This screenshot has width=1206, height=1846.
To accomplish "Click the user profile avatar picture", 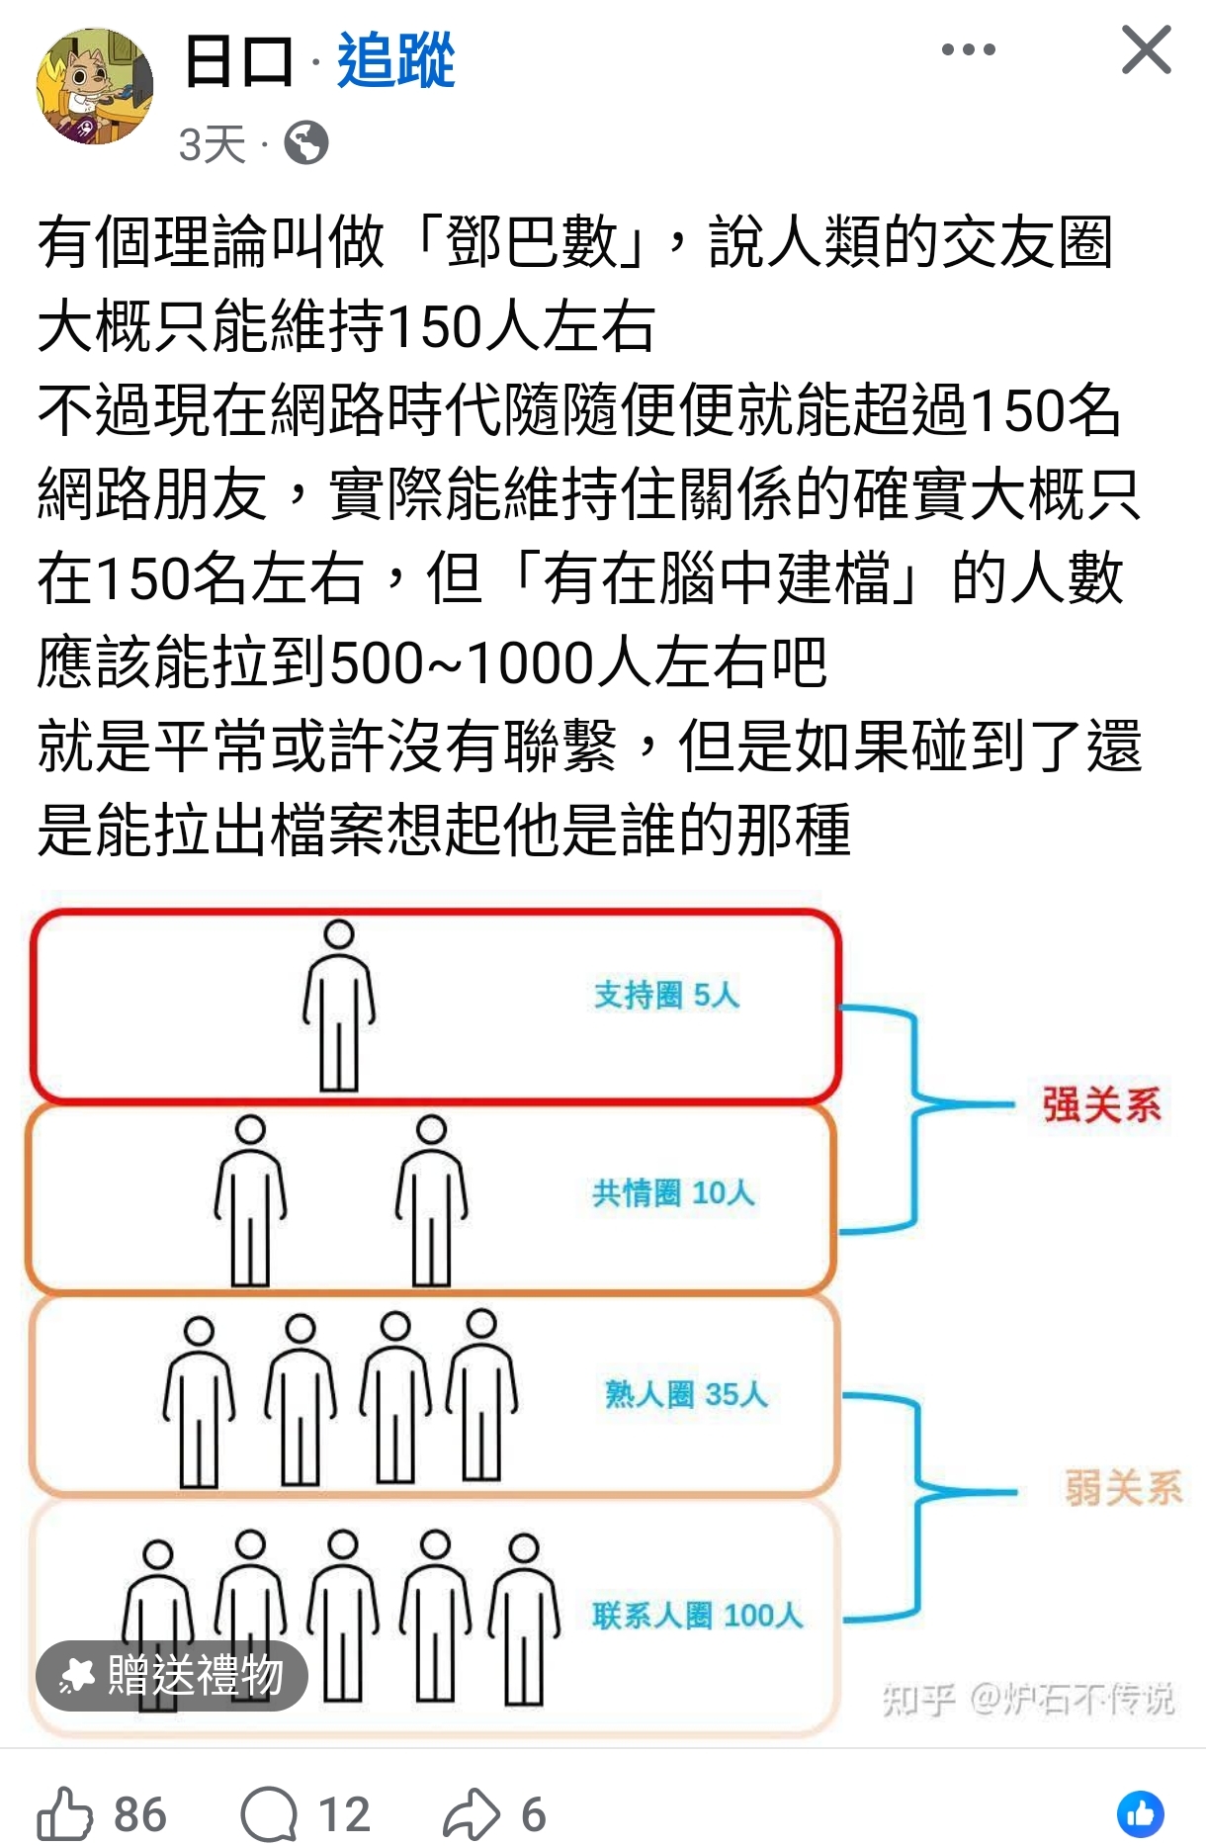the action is coord(95,86).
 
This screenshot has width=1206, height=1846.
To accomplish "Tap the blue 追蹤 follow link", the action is coord(395,60).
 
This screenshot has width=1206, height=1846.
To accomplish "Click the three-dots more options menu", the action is coord(969,49).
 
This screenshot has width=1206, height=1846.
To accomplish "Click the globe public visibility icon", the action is coord(306,143).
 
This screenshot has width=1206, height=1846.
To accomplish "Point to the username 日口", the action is coord(239,60).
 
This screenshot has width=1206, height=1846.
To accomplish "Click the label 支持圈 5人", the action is coord(666,995).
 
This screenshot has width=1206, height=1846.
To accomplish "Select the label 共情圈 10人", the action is coord(673,1193).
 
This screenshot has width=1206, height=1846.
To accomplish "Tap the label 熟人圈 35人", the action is coord(686,1394).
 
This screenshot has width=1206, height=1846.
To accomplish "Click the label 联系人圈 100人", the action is coord(697,1616).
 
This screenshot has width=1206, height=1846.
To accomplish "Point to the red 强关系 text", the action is coord(1101,1104).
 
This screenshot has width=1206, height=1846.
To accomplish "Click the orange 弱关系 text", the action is coord(1123,1487).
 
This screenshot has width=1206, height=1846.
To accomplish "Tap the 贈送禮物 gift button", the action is coord(172,1675).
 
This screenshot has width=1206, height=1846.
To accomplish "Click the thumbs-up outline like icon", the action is coord(64,1813).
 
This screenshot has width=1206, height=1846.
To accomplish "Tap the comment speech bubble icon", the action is coord(269,1814).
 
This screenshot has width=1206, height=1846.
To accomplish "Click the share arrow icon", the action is coord(472,1813).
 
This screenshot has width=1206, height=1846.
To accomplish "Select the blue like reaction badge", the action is coord(1141,1814).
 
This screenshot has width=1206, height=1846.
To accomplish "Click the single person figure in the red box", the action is coord(339,1006).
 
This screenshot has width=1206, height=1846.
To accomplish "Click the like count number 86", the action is coord(140,1814).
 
